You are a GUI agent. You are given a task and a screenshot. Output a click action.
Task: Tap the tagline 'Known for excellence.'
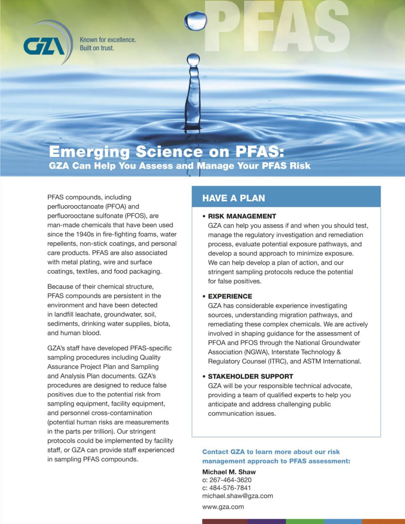point(108,40)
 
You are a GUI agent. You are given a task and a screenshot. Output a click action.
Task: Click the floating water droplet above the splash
point(195,21)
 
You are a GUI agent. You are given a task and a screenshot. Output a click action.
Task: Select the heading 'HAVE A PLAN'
point(234,198)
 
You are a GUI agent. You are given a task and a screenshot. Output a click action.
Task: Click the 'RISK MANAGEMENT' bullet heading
point(242,216)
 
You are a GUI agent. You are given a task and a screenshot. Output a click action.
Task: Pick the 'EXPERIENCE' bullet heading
point(230,296)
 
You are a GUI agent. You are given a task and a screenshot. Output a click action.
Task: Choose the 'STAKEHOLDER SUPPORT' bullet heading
point(250,376)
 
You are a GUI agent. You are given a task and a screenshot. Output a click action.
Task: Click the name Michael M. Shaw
point(229,472)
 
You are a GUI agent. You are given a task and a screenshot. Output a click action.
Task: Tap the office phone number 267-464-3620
point(231,480)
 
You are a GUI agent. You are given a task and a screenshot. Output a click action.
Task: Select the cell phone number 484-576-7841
point(230,488)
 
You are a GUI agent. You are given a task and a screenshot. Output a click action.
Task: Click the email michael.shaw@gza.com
point(238,496)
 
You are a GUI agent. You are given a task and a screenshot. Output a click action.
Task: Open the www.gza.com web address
point(223,507)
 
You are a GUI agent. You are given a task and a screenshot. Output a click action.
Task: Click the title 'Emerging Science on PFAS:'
point(166,151)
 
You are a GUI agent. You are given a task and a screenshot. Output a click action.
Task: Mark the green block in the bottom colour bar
point(305,521)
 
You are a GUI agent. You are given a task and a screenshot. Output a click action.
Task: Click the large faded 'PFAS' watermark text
point(277,27)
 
